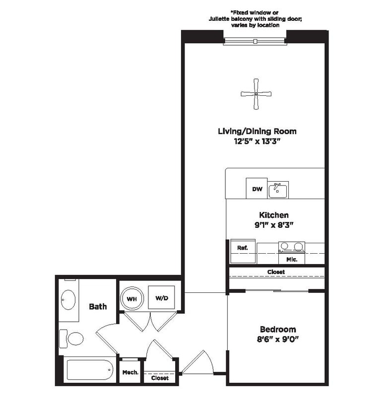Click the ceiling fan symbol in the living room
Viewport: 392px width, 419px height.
point(256,94)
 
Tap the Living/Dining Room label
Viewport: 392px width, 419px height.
point(257,132)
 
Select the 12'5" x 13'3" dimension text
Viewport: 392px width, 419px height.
point(257,141)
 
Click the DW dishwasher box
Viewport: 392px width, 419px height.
point(257,189)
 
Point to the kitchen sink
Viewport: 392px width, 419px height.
point(278,190)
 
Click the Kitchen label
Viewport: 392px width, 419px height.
point(273,215)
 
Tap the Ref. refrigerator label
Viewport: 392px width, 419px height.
point(242,247)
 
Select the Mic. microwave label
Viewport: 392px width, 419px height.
point(291,259)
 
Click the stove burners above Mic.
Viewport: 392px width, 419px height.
point(291,246)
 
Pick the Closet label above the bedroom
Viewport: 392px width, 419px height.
point(276,272)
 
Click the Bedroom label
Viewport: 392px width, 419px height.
point(278,329)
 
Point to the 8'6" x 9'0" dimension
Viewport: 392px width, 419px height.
point(278,340)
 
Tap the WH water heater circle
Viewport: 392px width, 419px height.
point(131,299)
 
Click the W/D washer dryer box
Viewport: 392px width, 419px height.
point(161,298)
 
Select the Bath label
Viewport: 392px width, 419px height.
point(98,306)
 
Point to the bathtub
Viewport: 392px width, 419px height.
point(89,370)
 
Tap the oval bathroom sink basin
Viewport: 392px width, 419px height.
point(68,300)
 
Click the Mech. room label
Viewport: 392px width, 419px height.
point(130,372)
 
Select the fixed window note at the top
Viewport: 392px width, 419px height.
point(255,18)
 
